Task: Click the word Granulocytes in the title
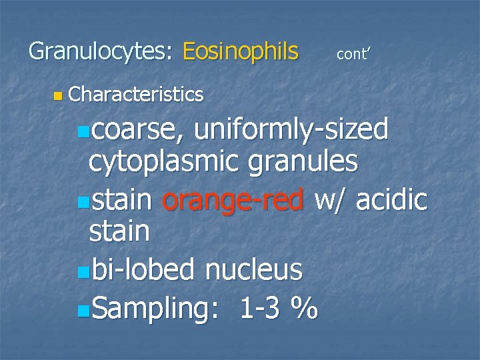pos(100,51)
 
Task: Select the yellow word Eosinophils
pos(240,51)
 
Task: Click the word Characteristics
pos(135,95)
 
